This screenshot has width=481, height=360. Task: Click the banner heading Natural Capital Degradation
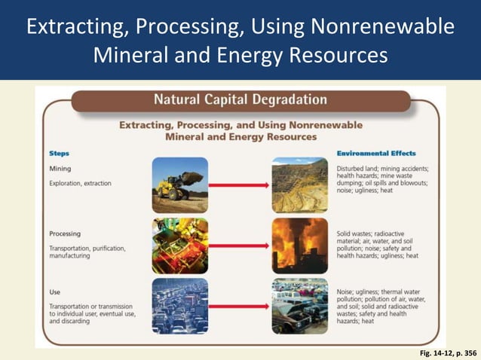(240, 100)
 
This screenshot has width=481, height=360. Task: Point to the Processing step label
(65, 233)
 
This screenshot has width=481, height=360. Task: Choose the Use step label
(55, 291)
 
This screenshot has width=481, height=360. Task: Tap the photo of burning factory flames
(300, 246)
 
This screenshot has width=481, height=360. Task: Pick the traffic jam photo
(179, 306)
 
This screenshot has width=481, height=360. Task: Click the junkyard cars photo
(300, 306)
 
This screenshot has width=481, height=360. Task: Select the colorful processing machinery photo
(179, 246)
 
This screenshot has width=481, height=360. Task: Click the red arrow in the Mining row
(240, 185)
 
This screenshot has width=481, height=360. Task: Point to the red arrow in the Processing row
(240, 246)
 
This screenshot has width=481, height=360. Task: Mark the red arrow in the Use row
(240, 306)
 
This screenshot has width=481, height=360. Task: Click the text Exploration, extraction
(81, 183)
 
